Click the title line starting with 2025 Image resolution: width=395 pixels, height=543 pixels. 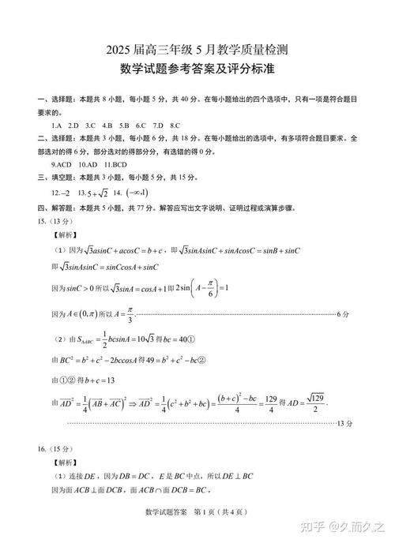click(x=197, y=49)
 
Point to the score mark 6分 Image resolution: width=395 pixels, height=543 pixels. click(x=342, y=314)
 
